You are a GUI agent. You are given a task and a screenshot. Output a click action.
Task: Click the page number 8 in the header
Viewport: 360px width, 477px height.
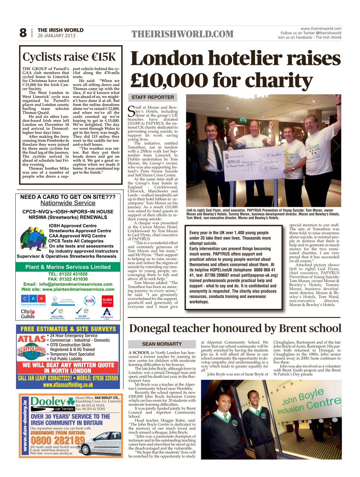click(x=23, y=33)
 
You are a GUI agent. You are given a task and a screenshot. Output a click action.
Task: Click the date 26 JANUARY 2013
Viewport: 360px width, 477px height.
click(x=56, y=36)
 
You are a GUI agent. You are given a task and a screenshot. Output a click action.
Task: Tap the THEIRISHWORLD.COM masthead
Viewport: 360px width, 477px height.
click(x=182, y=34)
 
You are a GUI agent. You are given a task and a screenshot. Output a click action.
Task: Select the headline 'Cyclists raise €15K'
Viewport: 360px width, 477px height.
click(x=69, y=57)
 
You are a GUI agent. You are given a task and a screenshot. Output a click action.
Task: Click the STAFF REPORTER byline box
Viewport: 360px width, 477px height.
click(x=152, y=97)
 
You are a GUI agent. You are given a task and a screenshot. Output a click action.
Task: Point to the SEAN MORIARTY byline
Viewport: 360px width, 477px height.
click(x=162, y=344)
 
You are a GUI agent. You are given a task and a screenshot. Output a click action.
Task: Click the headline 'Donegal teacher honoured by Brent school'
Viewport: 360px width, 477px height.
click(x=235, y=328)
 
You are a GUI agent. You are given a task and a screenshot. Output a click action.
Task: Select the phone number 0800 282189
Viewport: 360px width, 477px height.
click(x=57, y=440)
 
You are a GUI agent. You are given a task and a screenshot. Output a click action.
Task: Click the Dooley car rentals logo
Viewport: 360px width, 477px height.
click(x=52, y=403)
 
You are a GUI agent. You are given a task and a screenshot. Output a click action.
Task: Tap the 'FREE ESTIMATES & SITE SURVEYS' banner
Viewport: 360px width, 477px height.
click(x=68, y=329)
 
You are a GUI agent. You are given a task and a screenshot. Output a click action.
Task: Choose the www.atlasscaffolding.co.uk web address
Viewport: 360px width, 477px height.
click(x=68, y=385)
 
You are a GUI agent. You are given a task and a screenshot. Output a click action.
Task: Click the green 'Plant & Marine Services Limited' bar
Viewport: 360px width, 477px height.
click(x=68, y=267)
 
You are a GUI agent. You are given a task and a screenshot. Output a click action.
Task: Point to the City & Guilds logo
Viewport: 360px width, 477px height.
click(x=28, y=314)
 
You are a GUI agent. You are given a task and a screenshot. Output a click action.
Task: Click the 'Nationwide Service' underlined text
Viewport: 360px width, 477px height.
click(x=68, y=203)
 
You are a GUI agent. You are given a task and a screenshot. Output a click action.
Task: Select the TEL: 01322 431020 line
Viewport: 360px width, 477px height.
click(x=68, y=274)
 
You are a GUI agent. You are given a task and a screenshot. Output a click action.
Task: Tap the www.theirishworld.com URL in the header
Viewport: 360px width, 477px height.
click(x=320, y=28)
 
